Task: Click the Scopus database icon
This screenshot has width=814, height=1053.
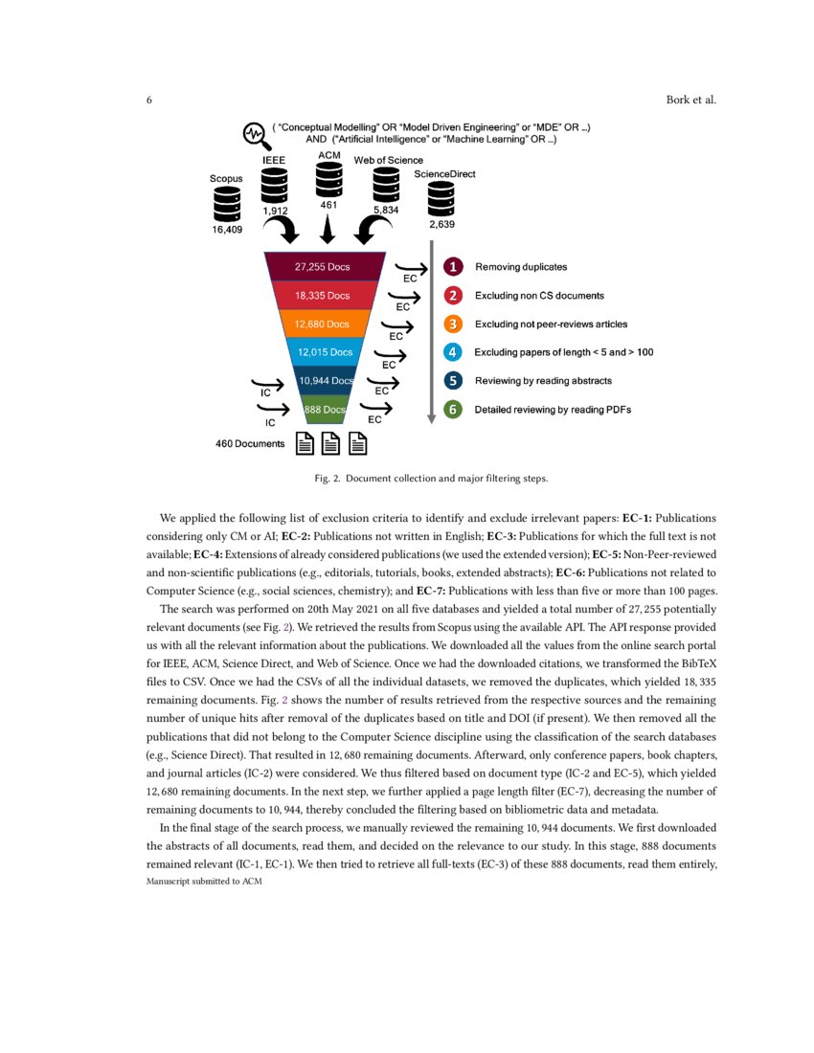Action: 227,203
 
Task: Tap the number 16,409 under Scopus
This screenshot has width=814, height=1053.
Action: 227,231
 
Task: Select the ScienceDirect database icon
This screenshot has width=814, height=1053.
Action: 441,200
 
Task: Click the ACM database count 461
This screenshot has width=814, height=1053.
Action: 328,204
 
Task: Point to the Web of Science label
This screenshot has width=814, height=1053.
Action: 388,160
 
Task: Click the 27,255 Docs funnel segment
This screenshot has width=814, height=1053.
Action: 322,267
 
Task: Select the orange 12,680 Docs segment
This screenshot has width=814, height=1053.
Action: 322,324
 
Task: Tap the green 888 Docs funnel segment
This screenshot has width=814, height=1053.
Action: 323,409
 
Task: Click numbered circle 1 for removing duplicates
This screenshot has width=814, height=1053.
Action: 454,267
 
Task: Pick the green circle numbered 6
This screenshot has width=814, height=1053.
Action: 454,409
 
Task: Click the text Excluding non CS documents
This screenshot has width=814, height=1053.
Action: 539,296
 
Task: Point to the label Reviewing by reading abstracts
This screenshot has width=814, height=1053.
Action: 543,380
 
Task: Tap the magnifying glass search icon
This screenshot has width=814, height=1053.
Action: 255,133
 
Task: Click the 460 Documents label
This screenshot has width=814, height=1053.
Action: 250,443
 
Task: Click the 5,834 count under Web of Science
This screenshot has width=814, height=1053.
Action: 386,209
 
